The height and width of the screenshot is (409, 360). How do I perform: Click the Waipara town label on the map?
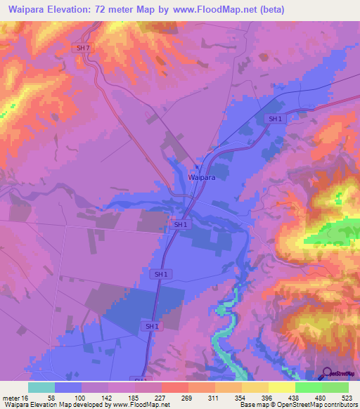pyautogui.click(x=201, y=178)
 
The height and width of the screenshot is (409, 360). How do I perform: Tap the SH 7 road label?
pyautogui.click(x=83, y=47)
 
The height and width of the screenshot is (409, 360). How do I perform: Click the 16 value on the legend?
pyautogui.click(x=26, y=397)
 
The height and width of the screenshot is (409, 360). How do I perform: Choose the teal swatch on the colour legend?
pyautogui.click(x=41, y=387)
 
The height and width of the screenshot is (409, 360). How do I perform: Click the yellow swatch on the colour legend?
pyautogui.click(x=281, y=387)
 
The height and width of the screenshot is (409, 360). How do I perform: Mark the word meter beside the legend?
pyautogui.click(x=11, y=397)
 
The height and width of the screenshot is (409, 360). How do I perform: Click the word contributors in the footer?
pyautogui.click(x=339, y=405)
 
